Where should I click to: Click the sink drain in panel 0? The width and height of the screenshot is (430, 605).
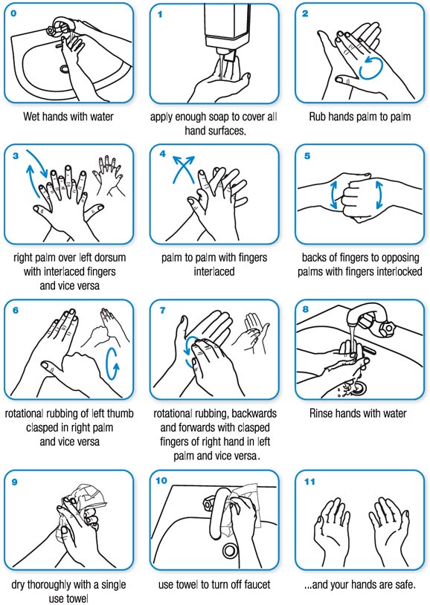coord(65,69)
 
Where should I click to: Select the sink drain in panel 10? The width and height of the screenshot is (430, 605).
coord(230,551)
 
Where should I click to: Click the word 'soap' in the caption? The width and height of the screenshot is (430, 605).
coord(223,117)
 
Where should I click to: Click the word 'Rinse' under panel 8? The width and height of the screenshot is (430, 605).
coord(330,413)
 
